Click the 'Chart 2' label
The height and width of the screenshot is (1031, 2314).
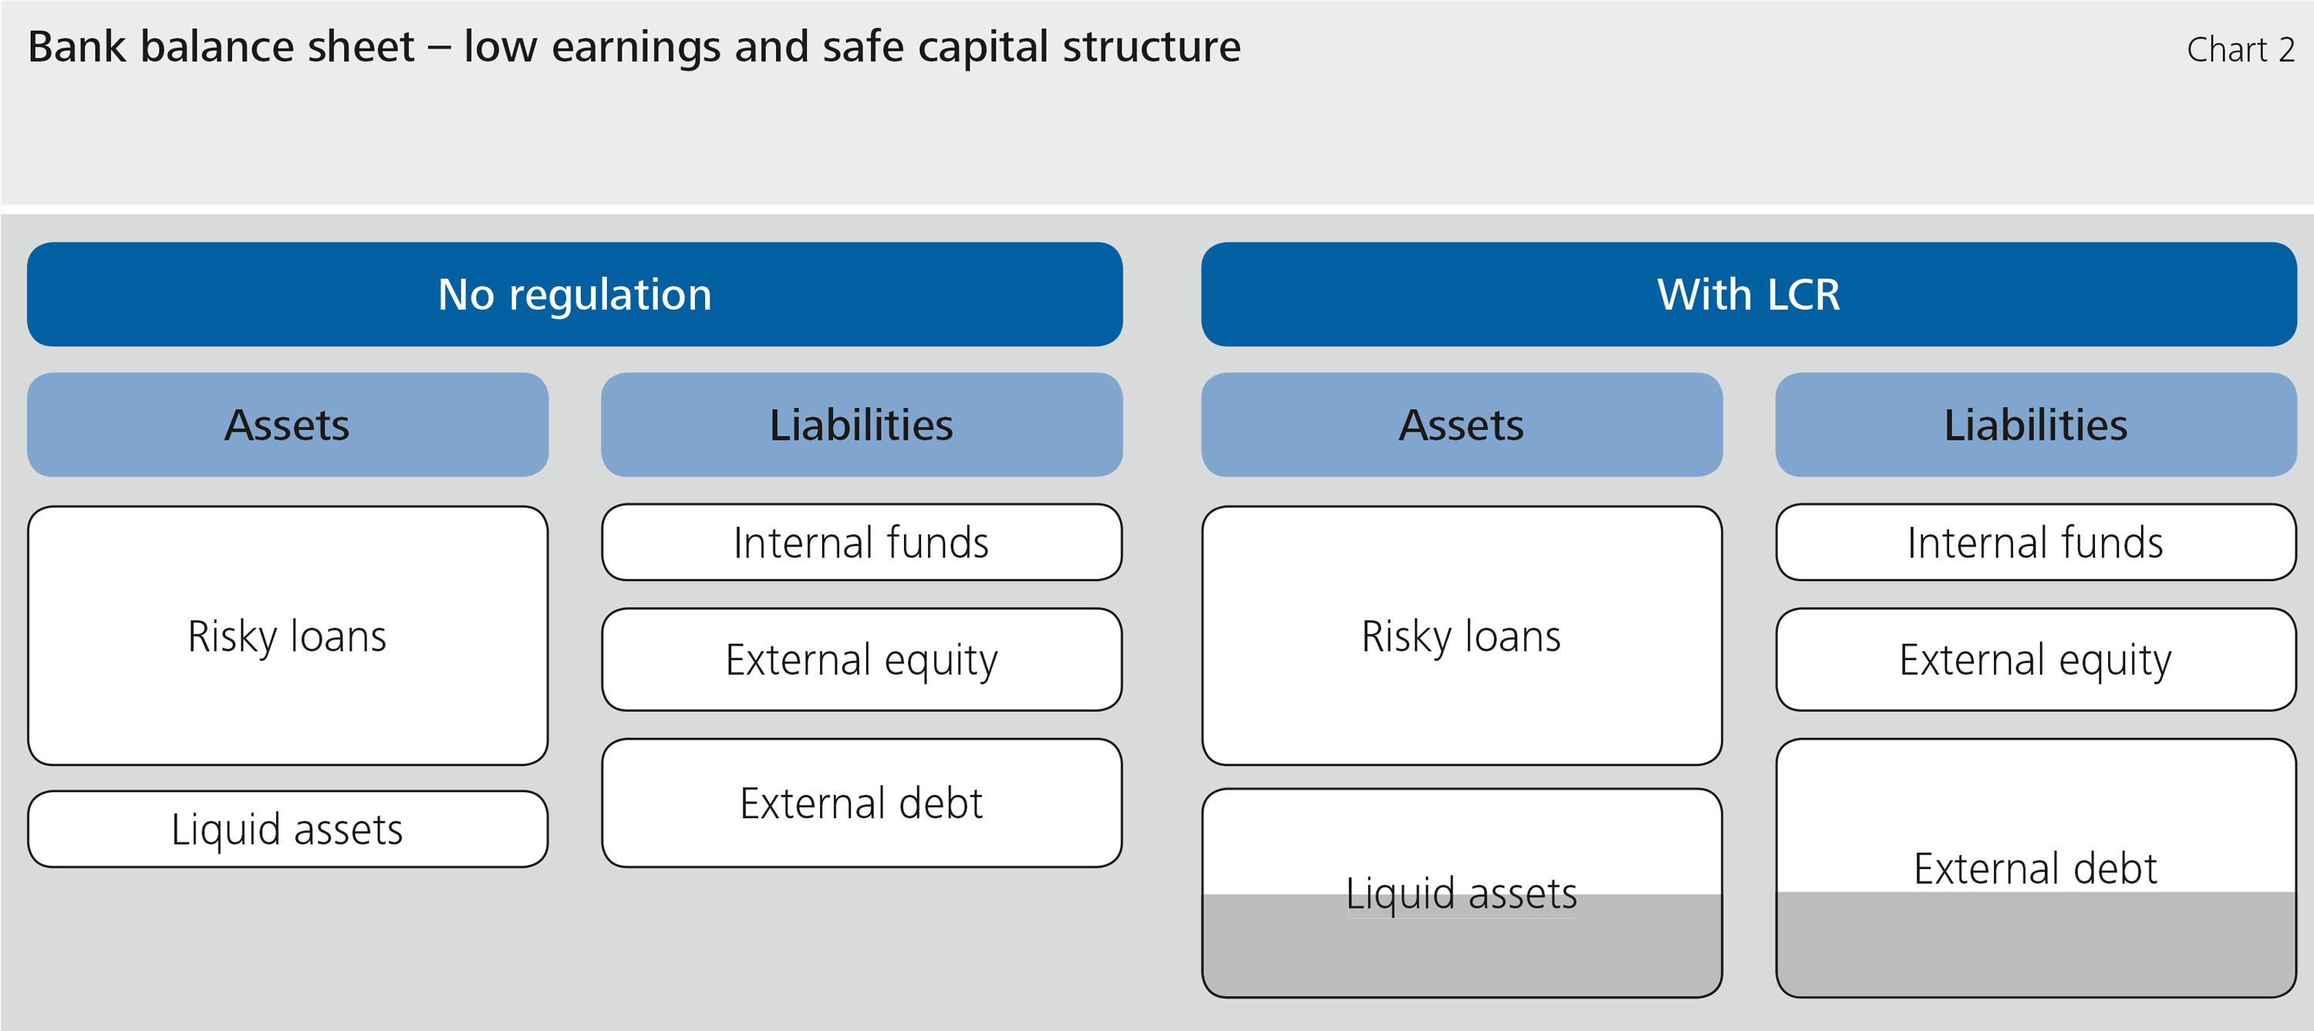point(2241,50)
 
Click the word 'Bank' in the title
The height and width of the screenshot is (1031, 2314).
point(77,47)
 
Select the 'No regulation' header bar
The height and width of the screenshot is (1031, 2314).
point(575,294)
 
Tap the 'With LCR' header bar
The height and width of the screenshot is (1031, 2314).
point(1749,294)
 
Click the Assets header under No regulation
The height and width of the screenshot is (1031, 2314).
point(288,424)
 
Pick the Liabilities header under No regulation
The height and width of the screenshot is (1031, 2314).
point(862,424)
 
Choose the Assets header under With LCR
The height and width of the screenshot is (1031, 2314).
point(1462,424)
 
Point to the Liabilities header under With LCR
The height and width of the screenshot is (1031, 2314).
point(2036,424)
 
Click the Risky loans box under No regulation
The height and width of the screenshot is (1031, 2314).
point(288,636)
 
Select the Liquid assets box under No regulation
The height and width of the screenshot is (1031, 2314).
point(288,829)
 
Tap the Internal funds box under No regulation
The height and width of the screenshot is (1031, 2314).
point(862,542)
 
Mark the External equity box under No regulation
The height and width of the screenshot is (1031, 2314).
point(862,659)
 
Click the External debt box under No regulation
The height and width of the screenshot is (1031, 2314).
point(862,803)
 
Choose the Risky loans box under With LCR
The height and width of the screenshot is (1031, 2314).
point(1462,636)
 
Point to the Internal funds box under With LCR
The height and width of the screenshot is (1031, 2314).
point(2036,542)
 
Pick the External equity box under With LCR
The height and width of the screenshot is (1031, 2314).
point(2036,659)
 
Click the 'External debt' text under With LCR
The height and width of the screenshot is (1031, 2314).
point(2036,868)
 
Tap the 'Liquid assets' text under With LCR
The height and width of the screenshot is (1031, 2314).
point(1462,895)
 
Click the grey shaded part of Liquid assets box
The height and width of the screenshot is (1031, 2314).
point(1462,945)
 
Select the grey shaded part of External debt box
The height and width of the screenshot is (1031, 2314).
point(2036,944)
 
